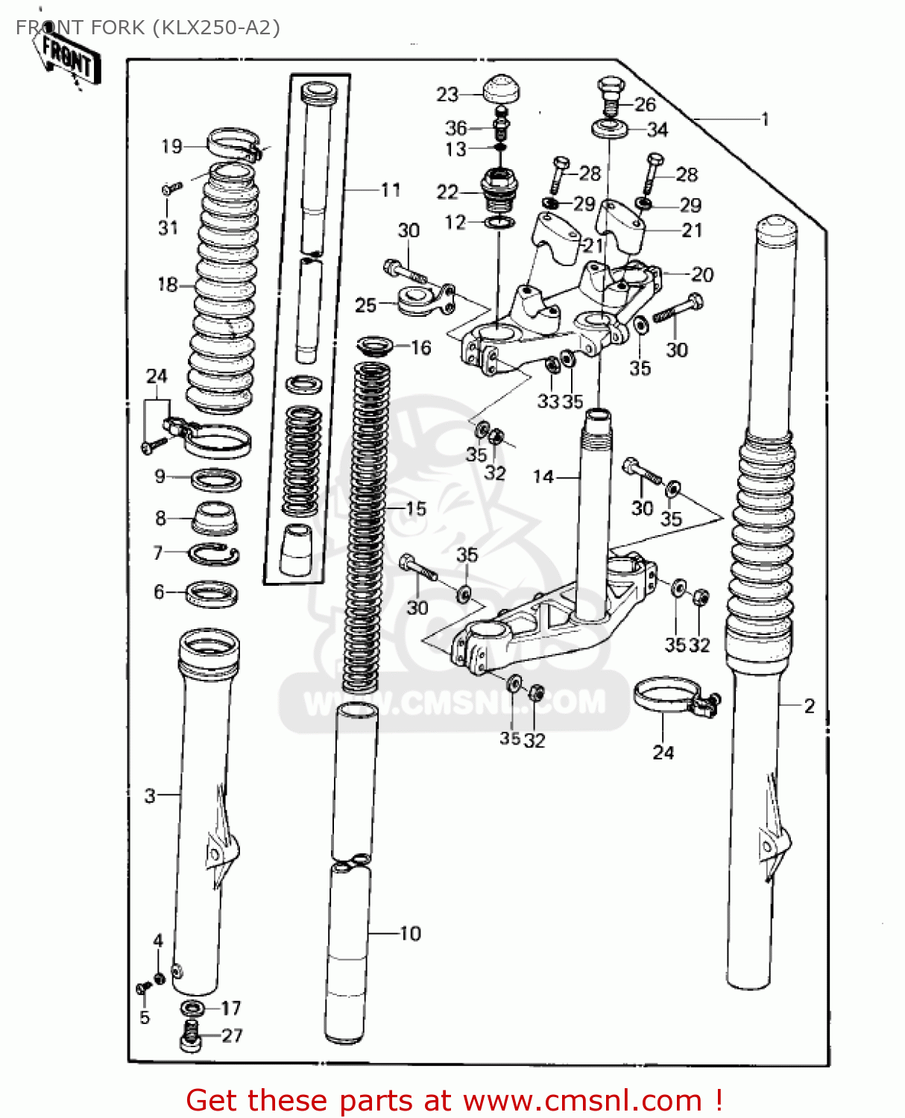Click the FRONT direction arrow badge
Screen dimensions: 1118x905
68,57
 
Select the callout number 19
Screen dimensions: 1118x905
171,146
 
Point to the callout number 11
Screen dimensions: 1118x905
391,190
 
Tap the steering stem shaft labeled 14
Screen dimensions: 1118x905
595,514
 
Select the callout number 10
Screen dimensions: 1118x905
410,933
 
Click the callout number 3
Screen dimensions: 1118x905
150,795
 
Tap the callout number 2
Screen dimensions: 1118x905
810,705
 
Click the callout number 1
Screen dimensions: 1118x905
764,119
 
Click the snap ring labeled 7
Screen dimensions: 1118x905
213,554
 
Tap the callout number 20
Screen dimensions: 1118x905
702,274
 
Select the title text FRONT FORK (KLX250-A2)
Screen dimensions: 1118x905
148,28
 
